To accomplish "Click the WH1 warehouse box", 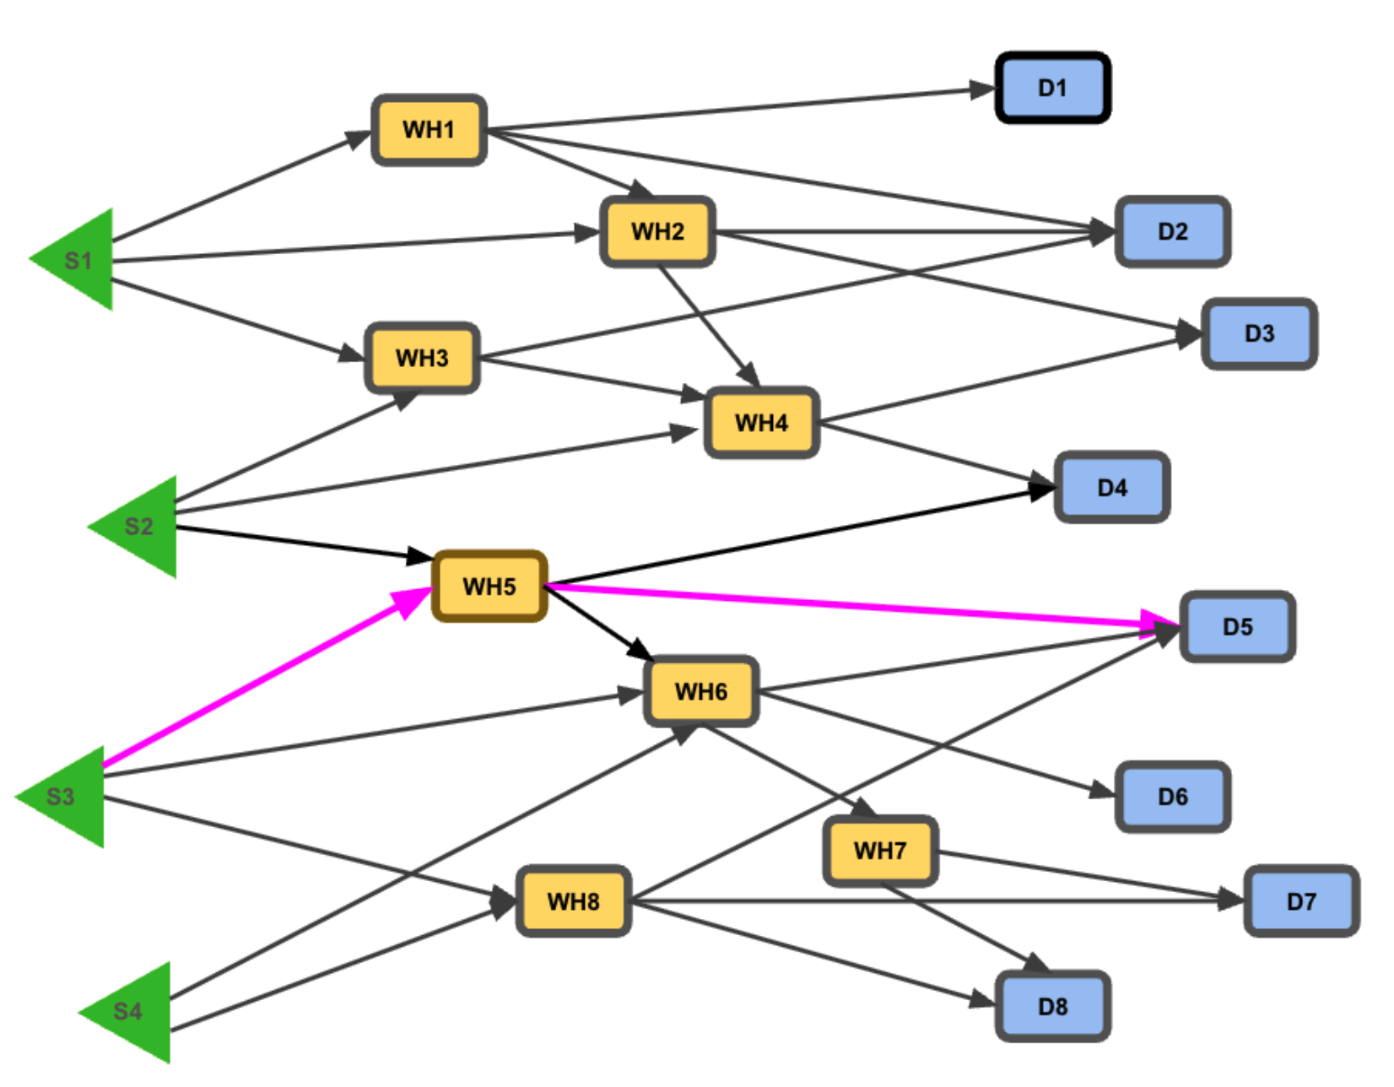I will (429, 130).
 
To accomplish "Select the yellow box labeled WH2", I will (657, 231).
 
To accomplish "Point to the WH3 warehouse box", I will (422, 358).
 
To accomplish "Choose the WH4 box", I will (761, 423).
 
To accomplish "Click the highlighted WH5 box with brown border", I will (489, 587).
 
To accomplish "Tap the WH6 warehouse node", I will (700, 691).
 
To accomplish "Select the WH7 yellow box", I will (880, 851).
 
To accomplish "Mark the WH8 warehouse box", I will (573, 901).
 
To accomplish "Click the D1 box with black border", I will (1052, 88).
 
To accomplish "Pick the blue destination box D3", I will (1259, 333).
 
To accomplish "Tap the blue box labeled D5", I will (1237, 627).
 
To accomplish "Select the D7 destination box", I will (1301, 901).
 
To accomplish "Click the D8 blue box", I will (1052, 1006).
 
